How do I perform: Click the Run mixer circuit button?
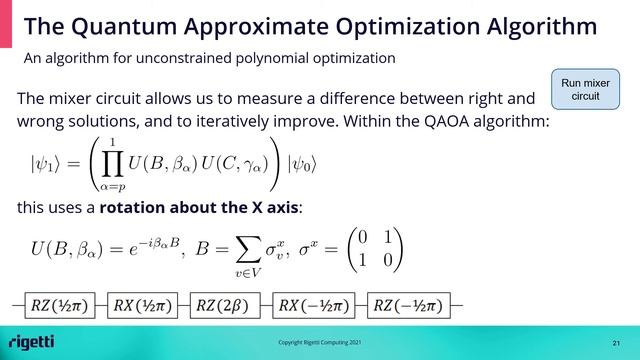click(x=585, y=89)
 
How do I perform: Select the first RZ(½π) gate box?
click(x=56, y=304)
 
